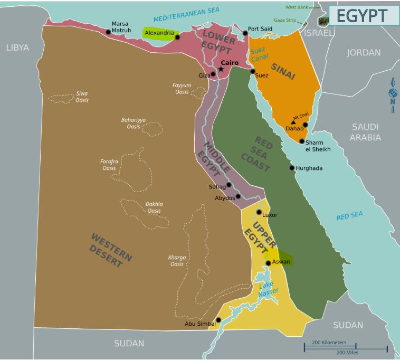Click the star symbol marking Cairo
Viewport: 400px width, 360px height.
pos(221,69)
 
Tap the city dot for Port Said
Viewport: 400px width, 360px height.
pos(245,33)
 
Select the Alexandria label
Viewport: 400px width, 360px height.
pos(159,33)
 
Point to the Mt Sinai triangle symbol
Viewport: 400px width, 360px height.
pos(293,122)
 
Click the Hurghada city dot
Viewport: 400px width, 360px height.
pos(292,168)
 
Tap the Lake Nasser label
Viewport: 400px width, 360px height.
pos(268,289)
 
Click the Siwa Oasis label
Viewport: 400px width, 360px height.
pos(82,97)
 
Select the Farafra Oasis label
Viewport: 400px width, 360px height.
pos(109,165)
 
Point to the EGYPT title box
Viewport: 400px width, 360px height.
pos(364,15)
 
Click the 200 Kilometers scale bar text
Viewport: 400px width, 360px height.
pos(330,343)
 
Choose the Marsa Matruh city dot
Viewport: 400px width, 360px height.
pos(108,32)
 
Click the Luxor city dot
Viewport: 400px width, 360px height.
pos(259,212)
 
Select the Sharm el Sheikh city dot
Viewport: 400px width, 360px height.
pos(302,141)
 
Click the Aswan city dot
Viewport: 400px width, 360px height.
pos(268,263)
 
